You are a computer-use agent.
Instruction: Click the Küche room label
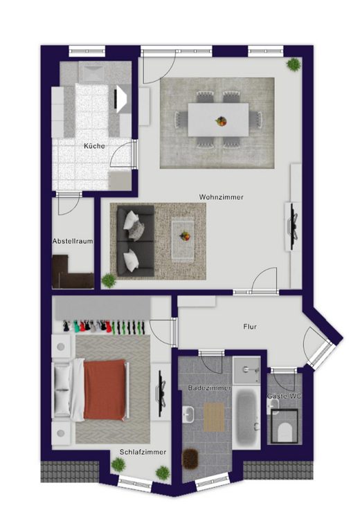tap(94, 146)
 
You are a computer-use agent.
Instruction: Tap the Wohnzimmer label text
tap(222, 197)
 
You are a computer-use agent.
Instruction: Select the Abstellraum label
tap(73, 242)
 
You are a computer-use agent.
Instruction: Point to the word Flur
tap(250, 327)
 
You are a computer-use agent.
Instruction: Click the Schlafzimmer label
tap(143, 452)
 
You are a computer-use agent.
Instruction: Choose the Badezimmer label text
tap(210, 388)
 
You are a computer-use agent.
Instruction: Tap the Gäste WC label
tap(285, 397)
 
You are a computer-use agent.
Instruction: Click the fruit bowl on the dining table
tap(222, 121)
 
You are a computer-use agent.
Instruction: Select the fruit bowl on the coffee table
tap(185, 236)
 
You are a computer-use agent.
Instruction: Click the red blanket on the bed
tap(105, 390)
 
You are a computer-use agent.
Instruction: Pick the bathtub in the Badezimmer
tap(247, 417)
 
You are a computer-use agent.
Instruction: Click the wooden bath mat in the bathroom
tap(214, 417)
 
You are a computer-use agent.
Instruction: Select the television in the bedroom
tap(162, 392)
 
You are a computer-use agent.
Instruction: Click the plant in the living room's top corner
tap(294, 64)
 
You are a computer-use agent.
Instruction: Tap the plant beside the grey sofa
tap(109, 281)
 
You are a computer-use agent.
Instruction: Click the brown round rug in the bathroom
tap(190, 457)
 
